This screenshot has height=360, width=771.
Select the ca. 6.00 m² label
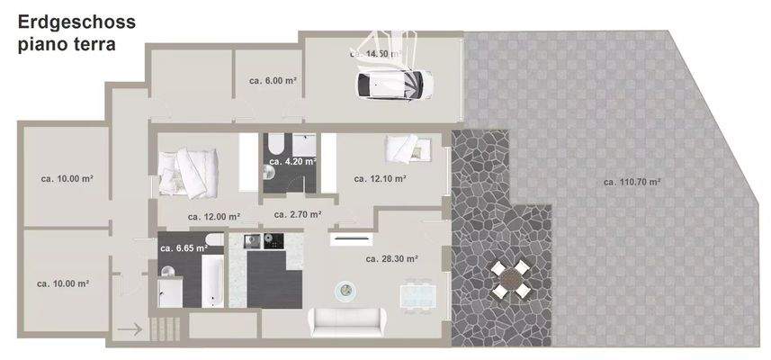coord(273,81)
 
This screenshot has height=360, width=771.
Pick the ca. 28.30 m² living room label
coord(391,259)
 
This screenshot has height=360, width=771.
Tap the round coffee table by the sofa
coord(346,290)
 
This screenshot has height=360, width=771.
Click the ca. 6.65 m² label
coord(184,248)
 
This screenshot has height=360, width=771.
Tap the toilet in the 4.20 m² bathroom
coord(275,145)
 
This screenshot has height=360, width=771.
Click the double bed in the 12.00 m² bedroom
coord(189,171)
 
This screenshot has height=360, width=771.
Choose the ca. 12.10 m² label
coord(380,178)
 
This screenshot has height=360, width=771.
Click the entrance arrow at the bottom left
coord(130,330)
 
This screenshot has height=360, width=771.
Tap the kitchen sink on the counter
coord(252,241)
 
